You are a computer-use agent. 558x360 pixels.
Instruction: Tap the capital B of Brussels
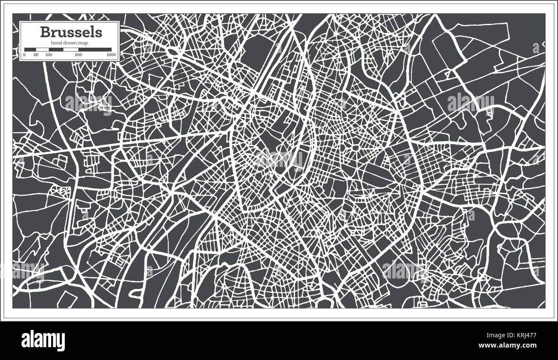(44, 32)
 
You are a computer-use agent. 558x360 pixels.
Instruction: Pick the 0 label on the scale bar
(24, 55)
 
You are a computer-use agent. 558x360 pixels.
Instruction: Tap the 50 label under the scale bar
(36, 55)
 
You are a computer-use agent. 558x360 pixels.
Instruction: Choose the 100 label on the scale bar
(49, 55)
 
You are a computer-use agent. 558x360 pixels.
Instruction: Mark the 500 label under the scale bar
(78, 55)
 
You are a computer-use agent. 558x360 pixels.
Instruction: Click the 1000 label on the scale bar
(111, 55)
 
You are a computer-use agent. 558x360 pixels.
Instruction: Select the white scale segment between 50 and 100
(42, 49)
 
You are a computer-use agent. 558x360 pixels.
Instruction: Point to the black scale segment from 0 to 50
(30, 49)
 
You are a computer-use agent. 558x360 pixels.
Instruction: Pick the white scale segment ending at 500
(71, 49)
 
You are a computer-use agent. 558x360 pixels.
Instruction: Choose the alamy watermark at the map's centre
(279, 159)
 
